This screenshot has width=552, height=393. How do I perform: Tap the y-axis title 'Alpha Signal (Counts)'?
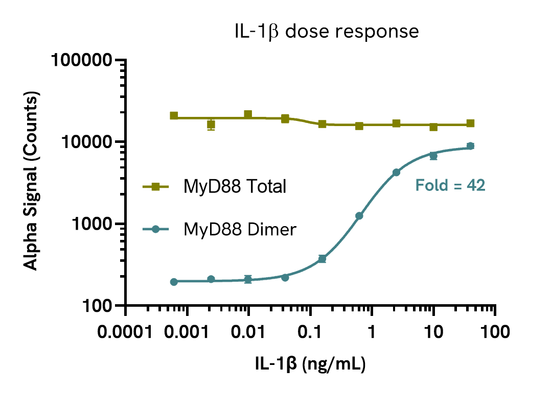point(32,182)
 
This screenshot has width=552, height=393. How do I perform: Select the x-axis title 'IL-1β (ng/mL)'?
point(310,364)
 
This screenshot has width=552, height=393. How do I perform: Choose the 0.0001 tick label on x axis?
point(126,333)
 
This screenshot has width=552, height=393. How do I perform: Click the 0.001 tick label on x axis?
point(188,333)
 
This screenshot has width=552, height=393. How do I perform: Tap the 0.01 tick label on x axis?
point(249,333)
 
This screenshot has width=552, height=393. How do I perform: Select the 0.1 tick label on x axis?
point(310,333)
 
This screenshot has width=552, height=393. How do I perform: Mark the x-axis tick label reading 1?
point(372,333)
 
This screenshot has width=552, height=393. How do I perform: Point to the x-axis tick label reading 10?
point(433,333)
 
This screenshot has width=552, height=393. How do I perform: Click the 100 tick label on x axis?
point(495,333)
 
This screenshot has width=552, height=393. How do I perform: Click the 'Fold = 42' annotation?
point(450,185)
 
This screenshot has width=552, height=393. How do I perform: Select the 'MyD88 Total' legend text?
point(235,187)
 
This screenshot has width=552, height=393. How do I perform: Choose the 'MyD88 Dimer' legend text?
point(240,230)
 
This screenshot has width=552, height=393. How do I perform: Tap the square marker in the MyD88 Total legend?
point(156,187)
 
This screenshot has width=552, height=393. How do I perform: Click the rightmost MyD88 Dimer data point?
point(470,146)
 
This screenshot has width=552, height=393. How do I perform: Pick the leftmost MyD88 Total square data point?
point(174,116)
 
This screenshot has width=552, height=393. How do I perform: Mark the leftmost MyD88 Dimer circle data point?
point(174,282)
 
